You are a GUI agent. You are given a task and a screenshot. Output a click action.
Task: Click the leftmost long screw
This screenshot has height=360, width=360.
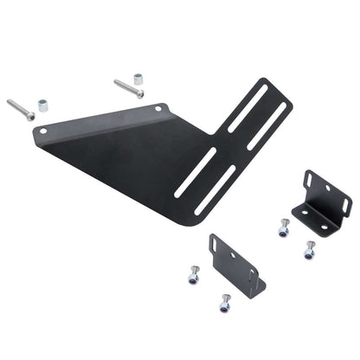pyautogui.click(x=22, y=110)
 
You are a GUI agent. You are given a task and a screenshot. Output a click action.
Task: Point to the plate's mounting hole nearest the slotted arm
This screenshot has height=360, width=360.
pyautogui.click(x=158, y=109)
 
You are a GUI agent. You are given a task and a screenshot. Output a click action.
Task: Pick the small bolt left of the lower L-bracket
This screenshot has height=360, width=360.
pyautogui.click(x=193, y=277)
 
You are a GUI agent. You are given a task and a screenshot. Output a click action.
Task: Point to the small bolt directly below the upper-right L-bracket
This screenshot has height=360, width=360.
pyautogui.click(x=309, y=251)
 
